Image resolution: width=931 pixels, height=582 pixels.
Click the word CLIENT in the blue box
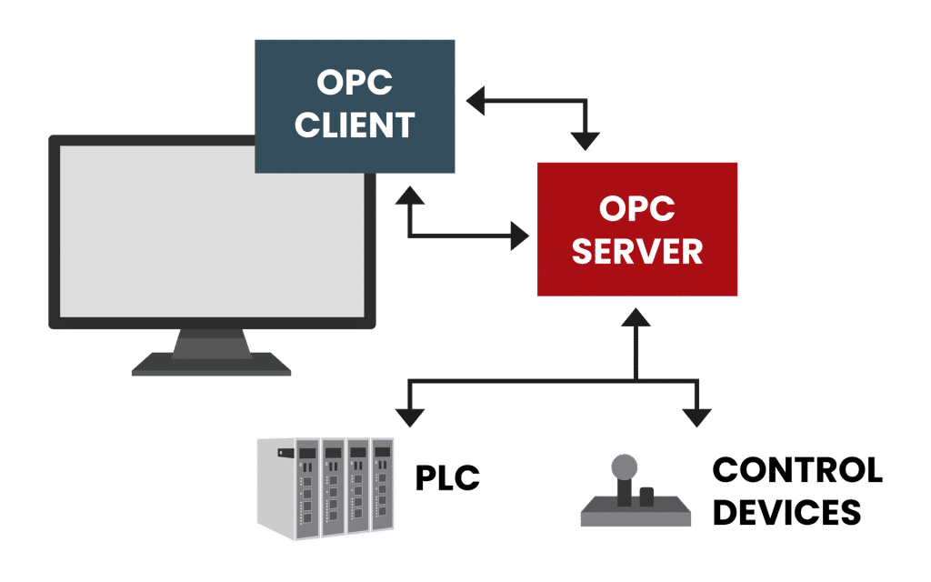click(x=355, y=125)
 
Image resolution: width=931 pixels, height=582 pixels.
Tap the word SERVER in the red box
click(x=636, y=251)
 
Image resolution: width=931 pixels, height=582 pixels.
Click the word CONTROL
click(x=796, y=471)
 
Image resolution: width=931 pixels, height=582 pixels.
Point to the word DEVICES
click(x=786, y=512)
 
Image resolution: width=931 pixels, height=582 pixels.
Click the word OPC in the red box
click(x=636, y=209)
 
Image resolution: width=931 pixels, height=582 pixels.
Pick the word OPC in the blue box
click(x=355, y=83)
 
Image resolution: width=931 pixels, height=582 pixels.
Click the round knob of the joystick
click(x=623, y=467)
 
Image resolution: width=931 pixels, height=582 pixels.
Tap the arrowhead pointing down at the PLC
click(x=410, y=417)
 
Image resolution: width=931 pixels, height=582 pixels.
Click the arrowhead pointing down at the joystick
click(x=696, y=417)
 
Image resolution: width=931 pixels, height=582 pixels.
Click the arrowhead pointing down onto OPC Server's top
click(x=585, y=140)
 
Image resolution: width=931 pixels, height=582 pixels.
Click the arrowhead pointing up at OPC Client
click(x=410, y=194)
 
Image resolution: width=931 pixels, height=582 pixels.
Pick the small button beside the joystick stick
click(x=646, y=496)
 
